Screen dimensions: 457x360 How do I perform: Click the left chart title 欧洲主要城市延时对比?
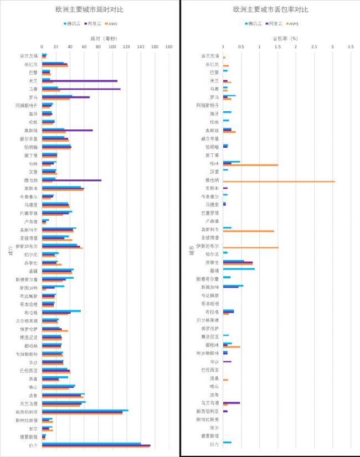click(89, 9)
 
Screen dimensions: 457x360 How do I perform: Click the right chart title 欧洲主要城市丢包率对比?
click(271, 9)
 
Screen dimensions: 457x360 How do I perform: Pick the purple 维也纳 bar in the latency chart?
click(72, 180)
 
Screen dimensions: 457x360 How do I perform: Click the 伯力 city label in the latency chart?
click(33, 445)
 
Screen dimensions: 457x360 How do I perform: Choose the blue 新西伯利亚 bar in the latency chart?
click(85, 410)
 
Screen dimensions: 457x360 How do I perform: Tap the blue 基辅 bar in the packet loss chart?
click(239, 269)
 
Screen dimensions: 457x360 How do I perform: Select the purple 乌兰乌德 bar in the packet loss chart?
click(232, 403)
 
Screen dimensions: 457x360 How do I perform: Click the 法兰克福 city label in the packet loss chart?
click(209, 56)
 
